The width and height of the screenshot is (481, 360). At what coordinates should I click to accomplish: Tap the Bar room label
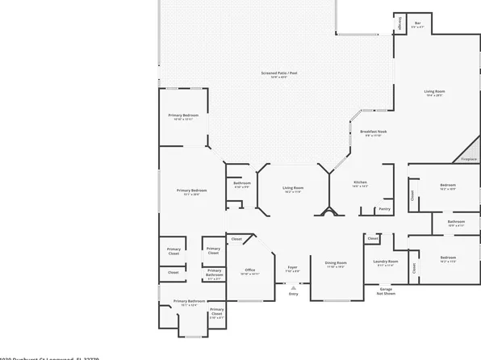pos(417,23)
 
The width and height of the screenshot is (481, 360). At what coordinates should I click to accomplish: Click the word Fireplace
pos(468,160)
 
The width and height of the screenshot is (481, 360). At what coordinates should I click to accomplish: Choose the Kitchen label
pos(361,182)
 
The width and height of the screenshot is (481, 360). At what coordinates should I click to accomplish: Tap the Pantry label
pos(384,208)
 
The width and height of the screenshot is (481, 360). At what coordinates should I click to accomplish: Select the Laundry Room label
pos(387,262)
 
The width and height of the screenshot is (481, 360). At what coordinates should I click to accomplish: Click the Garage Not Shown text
pos(387,291)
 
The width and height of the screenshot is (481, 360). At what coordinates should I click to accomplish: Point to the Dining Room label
pos(335,262)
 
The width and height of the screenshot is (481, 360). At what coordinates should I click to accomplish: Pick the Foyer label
pos(293,267)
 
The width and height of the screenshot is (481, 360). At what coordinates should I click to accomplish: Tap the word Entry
pos(293,294)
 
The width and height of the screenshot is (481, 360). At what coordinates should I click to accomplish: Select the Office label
pos(249,270)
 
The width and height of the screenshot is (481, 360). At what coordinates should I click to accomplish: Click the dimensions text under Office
pos(249,274)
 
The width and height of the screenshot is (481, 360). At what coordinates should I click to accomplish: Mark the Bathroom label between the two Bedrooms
pos(456,220)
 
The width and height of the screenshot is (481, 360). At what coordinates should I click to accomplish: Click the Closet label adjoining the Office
pos(236,240)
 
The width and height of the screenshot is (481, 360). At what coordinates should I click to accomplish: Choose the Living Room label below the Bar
pos(435,91)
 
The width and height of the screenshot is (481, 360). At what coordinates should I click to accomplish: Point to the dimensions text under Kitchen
pos(361,187)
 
